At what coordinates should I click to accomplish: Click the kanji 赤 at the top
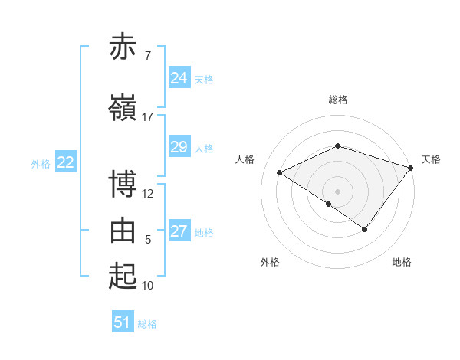click(123, 47)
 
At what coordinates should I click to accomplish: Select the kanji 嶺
click(123, 108)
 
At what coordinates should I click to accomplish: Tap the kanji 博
click(123, 185)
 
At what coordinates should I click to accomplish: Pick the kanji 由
click(123, 230)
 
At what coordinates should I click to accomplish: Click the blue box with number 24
click(179, 78)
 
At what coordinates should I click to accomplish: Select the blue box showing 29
click(179, 147)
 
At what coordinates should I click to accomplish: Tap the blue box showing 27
click(179, 231)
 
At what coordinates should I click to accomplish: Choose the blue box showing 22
click(66, 162)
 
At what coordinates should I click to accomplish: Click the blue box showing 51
click(123, 322)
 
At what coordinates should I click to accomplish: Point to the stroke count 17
click(148, 117)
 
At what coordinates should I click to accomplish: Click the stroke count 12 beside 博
click(148, 194)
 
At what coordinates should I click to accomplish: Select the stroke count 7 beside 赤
click(148, 56)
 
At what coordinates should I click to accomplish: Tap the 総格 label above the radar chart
click(338, 100)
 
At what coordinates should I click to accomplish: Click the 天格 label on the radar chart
click(431, 159)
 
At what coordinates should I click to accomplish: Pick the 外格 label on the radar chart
click(270, 262)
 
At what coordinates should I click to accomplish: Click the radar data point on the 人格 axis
click(280, 173)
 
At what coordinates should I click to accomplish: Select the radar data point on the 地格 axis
click(365, 229)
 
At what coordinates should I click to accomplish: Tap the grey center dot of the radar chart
click(338, 191)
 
